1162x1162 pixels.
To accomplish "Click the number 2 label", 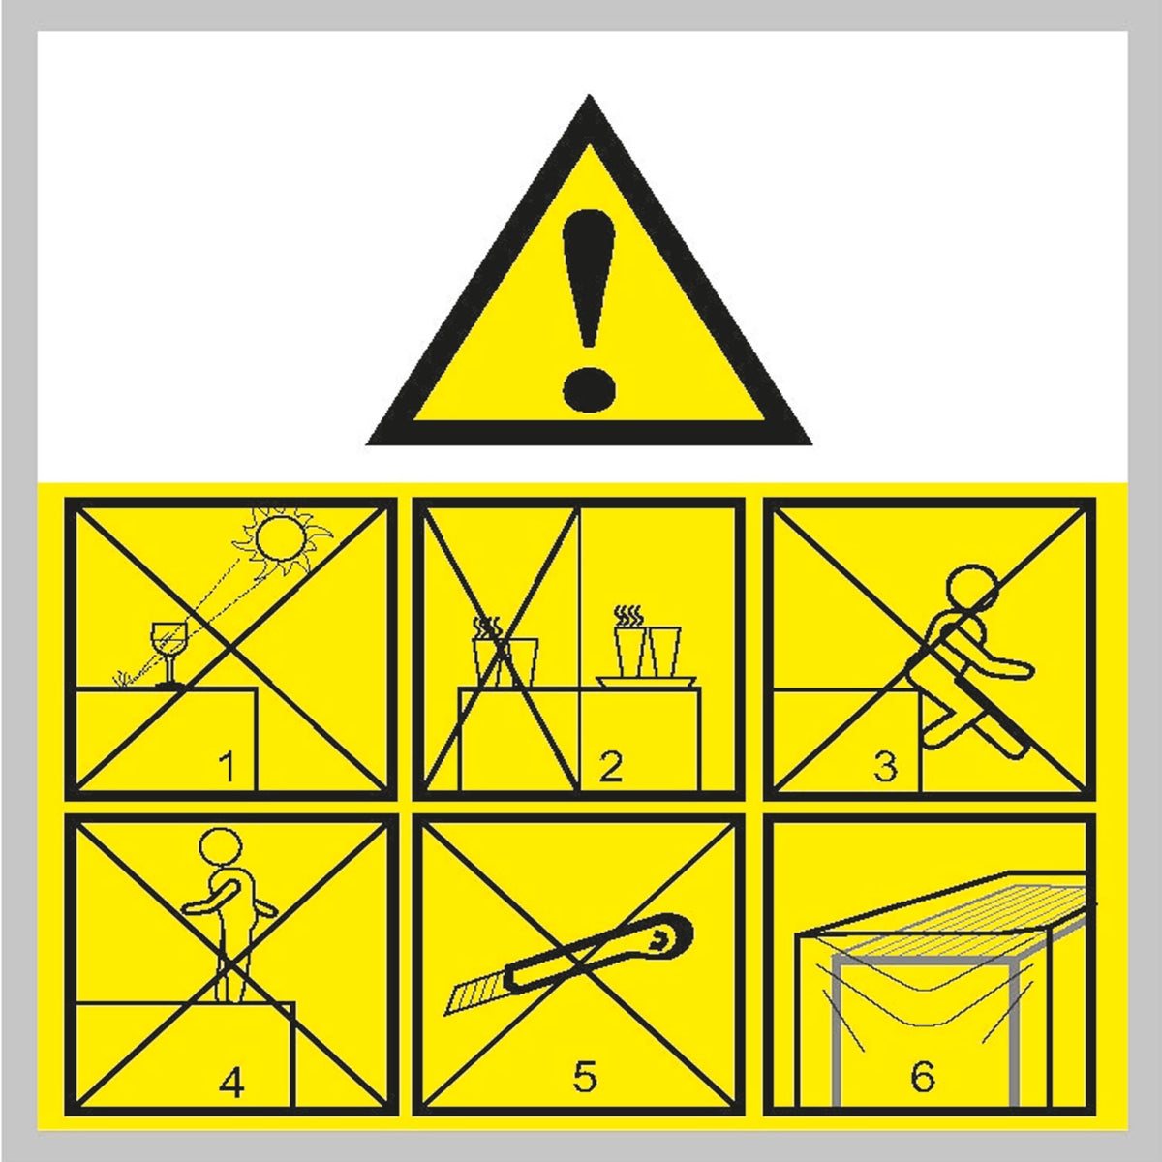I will point(610,768).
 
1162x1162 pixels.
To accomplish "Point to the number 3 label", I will point(885,768).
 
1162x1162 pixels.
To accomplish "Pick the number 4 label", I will point(231,1083).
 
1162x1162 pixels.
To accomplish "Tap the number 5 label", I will point(584,1077).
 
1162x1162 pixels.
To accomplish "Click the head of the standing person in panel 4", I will point(220,847).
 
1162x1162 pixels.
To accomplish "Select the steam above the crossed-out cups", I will point(485,626).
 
